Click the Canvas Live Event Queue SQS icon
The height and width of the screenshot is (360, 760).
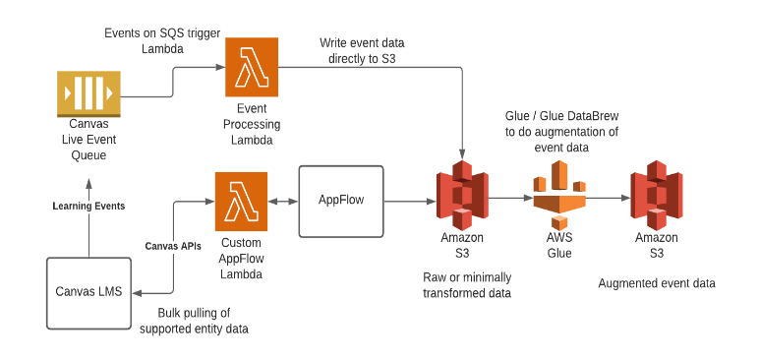88,94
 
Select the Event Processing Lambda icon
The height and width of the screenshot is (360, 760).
252,67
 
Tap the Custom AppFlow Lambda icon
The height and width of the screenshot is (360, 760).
241,202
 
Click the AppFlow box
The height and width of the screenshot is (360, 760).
341,201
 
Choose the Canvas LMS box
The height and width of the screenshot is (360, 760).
88,291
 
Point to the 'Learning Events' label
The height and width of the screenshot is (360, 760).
88,206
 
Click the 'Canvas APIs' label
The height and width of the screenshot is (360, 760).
175,245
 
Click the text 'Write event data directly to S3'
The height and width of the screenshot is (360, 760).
363,51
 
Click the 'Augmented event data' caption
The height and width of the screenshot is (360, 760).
656,283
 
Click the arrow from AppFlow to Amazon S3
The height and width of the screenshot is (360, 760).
407,201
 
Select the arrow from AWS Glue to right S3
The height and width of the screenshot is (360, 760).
608,199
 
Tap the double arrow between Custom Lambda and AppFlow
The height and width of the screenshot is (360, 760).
283,201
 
